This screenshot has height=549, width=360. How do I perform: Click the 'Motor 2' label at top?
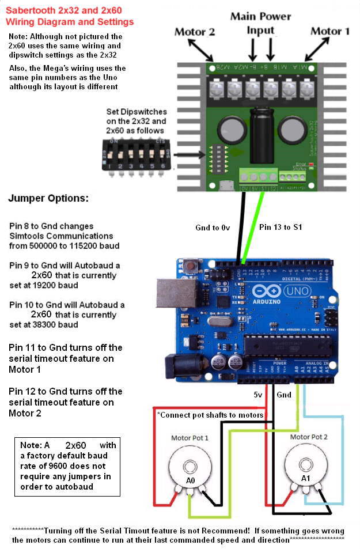pos(194,32)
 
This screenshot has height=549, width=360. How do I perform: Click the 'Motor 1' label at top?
pos(330,31)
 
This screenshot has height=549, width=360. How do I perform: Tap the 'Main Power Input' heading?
pos(260,23)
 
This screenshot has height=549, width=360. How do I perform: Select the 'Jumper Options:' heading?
pos(48,198)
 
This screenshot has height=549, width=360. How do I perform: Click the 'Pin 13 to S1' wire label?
pos(280,227)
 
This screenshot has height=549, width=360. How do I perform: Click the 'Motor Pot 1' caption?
pos(190,438)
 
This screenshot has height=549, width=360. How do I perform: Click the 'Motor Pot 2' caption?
pos(309,437)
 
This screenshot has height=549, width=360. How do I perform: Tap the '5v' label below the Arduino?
pos(257,395)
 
